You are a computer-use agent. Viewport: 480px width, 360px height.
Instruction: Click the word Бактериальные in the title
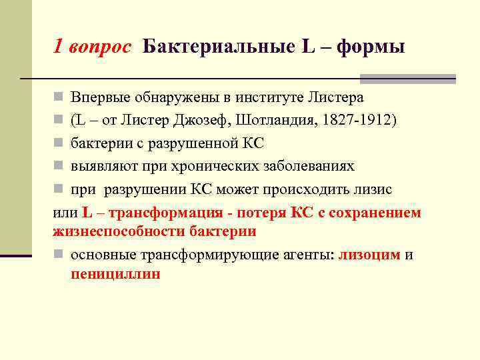(x=217, y=47)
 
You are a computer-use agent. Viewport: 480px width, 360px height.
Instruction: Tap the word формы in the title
(x=371, y=47)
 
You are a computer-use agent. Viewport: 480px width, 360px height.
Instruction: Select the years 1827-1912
(x=361, y=121)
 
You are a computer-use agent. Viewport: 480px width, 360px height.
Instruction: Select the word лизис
(x=373, y=189)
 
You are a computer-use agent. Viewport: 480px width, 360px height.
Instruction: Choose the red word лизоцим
(x=369, y=255)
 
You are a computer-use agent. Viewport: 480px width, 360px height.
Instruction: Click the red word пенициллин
(x=115, y=274)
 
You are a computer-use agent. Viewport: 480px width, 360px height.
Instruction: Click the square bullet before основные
(x=59, y=255)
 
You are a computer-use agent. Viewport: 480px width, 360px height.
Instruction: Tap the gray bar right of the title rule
(x=427, y=79)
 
